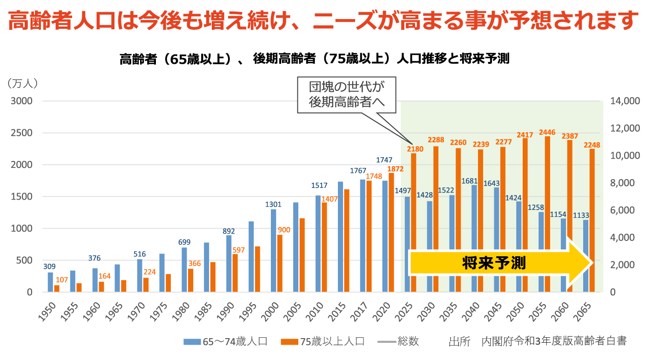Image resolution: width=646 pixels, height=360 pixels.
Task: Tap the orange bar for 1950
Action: [x=57, y=288]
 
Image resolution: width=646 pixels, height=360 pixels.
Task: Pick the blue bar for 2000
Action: [x=274, y=251]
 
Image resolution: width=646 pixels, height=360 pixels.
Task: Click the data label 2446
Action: [x=547, y=132]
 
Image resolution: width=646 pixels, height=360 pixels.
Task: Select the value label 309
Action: [x=49, y=267]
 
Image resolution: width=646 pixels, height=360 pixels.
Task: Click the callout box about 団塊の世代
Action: [x=346, y=95]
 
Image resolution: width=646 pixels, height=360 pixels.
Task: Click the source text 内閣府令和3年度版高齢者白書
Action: [x=553, y=341]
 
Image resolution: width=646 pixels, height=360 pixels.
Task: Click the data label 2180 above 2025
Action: [x=415, y=149]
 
